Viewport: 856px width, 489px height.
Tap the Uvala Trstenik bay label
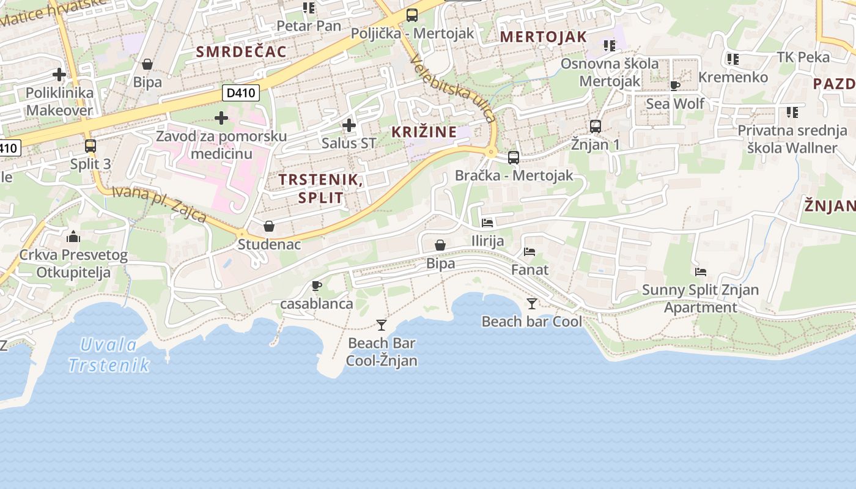click(x=109, y=355)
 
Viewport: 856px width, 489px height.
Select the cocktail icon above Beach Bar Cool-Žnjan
click(x=382, y=325)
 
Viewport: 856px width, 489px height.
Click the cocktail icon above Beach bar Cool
click(x=532, y=303)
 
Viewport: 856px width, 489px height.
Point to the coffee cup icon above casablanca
click(x=317, y=285)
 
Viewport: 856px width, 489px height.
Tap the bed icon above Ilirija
click(x=487, y=222)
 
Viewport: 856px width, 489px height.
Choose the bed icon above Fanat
click(x=529, y=251)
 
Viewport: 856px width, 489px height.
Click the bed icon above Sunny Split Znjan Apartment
click(x=701, y=271)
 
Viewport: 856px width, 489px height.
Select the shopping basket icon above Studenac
click(x=269, y=226)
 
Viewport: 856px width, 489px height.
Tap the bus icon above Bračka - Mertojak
click(x=514, y=157)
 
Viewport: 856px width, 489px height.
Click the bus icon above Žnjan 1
click(x=596, y=127)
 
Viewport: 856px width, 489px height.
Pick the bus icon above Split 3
click(x=90, y=145)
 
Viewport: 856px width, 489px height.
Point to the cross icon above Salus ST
click(x=349, y=125)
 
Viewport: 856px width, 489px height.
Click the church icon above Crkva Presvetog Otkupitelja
click(x=73, y=236)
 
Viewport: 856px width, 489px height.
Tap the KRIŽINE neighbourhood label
click(x=424, y=131)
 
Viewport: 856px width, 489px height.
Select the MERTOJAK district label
click(x=544, y=37)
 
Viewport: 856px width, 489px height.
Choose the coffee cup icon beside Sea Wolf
click(x=675, y=86)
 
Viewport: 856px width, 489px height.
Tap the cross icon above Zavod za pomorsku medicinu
click(x=221, y=117)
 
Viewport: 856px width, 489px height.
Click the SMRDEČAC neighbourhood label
click(x=242, y=51)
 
